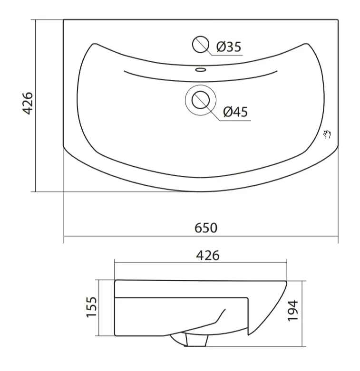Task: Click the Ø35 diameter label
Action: (229, 47)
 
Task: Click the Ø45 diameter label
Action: (235, 112)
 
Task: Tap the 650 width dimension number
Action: (206, 228)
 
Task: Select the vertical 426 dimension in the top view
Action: (27, 103)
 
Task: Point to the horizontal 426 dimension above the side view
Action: (208, 256)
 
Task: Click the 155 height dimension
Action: (91, 307)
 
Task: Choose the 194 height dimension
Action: (293, 310)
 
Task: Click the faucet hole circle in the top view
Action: (201, 44)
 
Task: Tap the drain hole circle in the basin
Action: (201, 100)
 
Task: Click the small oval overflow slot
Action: (201, 69)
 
